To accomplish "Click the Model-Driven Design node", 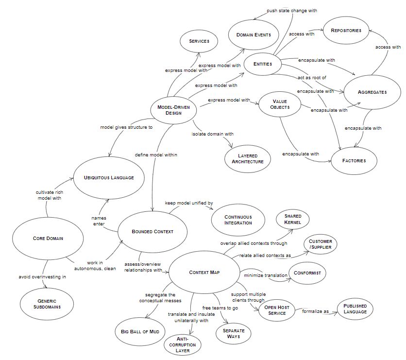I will [173, 110].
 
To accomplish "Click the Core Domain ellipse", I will [48, 238].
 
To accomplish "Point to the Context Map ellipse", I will [204, 272].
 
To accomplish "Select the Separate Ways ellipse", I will [234, 334].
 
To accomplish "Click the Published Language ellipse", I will [355, 309].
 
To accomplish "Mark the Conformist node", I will [307, 273].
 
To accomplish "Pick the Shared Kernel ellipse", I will [293, 219].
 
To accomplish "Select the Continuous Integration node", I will [238, 220].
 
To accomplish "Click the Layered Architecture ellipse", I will [248, 158].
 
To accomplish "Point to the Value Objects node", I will [279, 104].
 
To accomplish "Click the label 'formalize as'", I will [317, 311].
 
